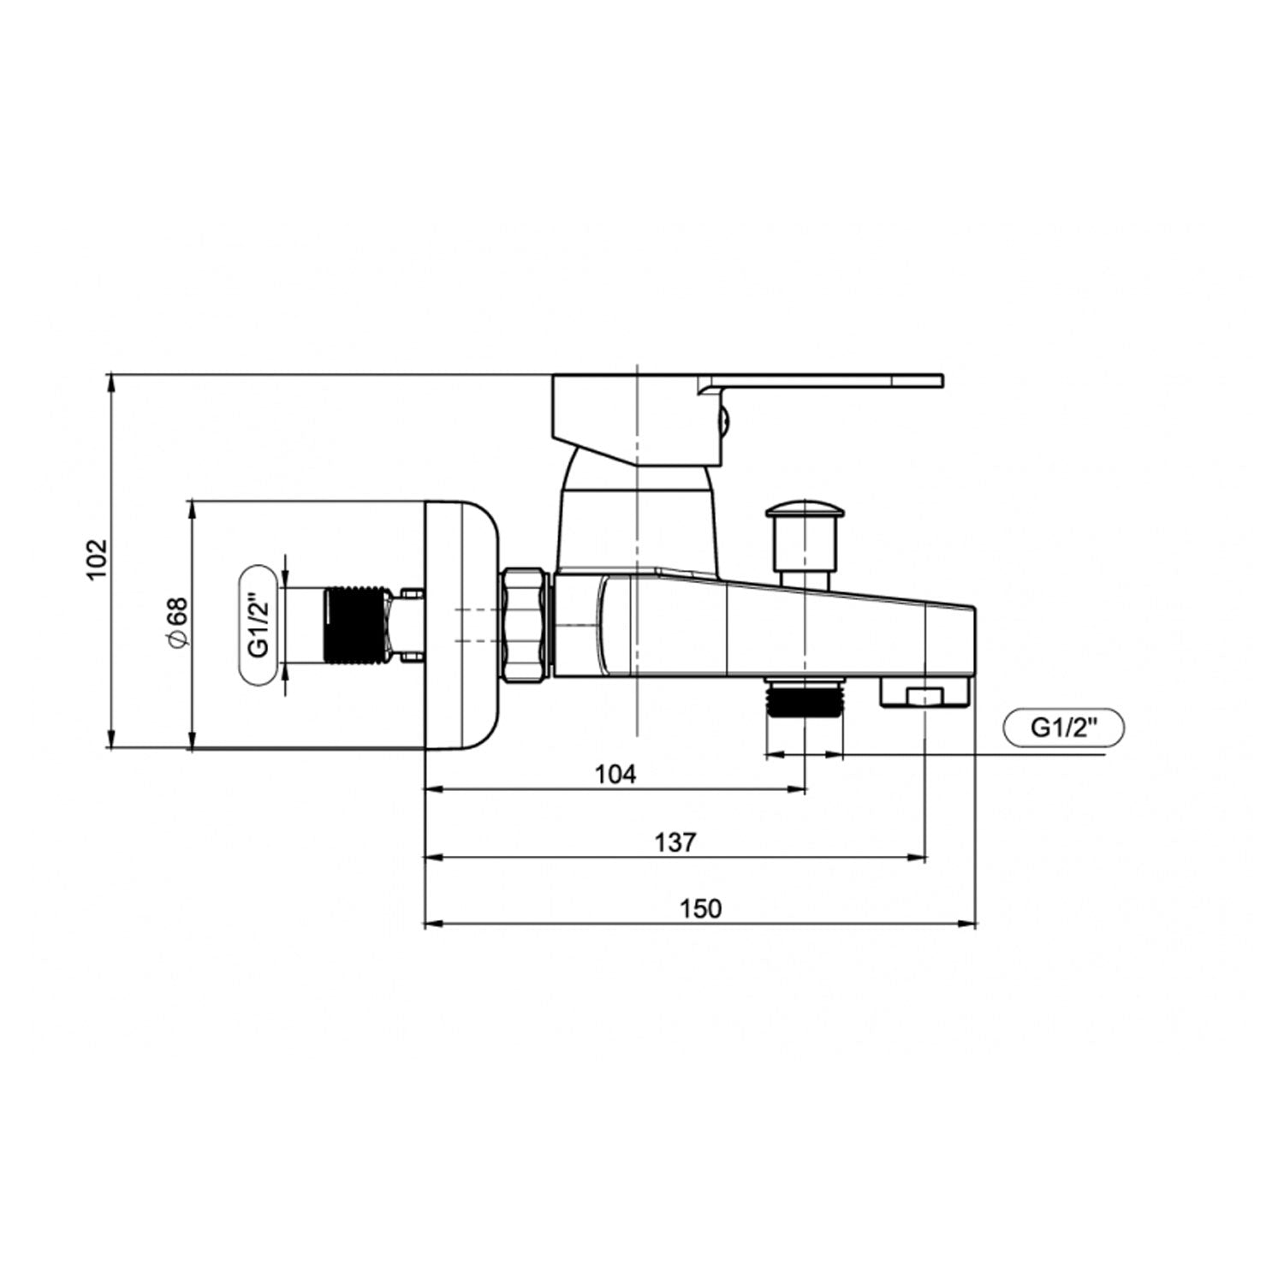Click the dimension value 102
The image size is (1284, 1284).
97,558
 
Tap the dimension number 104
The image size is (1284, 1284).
615,775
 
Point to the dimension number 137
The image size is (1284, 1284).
675,842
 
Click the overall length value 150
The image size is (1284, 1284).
700,908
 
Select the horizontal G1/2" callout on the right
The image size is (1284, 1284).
1063,728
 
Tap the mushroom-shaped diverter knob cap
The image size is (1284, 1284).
805,514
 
